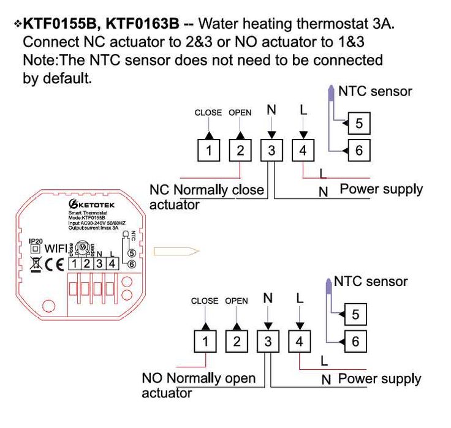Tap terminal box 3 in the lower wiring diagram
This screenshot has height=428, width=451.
[x=268, y=341]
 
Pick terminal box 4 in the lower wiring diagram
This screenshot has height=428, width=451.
[x=299, y=341]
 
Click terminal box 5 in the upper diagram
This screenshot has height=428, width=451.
[x=358, y=124]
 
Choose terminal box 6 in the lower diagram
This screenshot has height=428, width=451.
[x=355, y=341]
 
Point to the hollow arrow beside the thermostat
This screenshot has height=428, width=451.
[x=176, y=250]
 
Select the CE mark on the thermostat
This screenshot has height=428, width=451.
[x=56, y=265]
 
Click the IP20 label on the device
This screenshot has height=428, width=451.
[x=36, y=242]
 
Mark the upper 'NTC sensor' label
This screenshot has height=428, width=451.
[x=375, y=91]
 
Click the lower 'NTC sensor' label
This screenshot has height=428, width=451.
[x=370, y=282]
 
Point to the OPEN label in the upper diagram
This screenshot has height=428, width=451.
[x=240, y=113]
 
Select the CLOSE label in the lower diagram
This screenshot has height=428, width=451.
[x=205, y=301]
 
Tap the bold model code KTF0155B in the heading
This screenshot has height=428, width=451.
[x=62, y=24]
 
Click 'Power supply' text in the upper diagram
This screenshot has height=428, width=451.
[x=381, y=189]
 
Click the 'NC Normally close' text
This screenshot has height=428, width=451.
[x=207, y=190]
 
